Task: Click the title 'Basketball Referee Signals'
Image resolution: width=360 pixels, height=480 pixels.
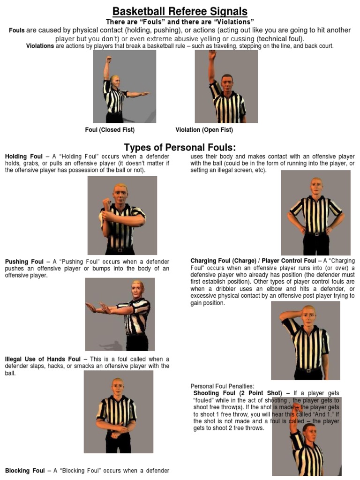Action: (x=180, y=11)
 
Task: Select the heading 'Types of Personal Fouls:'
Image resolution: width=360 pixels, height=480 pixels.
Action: (x=180, y=147)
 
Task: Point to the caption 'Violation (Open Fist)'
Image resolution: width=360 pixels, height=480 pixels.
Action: (x=204, y=130)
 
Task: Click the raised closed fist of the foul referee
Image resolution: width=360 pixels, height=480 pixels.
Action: (x=108, y=60)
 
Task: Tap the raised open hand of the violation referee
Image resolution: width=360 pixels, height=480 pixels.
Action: (x=212, y=54)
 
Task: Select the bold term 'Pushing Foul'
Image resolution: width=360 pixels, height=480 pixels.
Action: (x=24, y=262)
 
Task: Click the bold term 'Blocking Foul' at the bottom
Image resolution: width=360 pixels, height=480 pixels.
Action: (x=25, y=471)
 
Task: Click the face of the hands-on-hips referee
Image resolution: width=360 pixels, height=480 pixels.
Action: (x=316, y=186)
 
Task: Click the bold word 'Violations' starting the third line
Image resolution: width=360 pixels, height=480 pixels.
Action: (x=40, y=46)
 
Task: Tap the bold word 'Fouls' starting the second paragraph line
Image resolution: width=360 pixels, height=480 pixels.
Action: (x=17, y=30)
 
